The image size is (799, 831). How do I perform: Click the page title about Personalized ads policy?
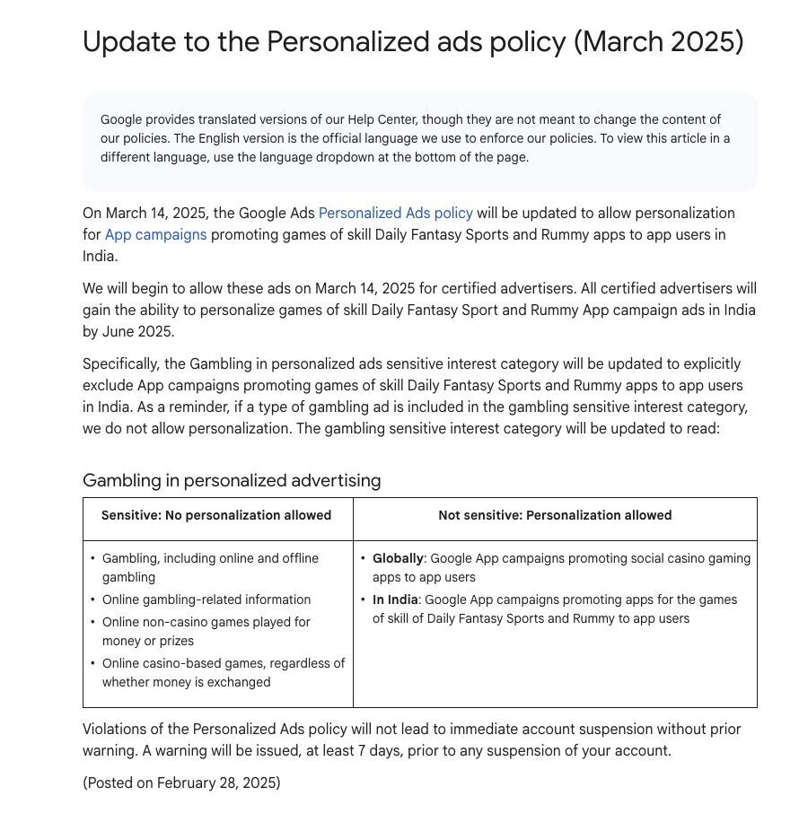pyautogui.click(x=413, y=42)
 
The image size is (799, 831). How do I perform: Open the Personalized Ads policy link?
pyautogui.click(x=395, y=214)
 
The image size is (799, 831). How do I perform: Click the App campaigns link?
pyautogui.click(x=155, y=235)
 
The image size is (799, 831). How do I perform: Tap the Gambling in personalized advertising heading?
pyautogui.click(x=232, y=481)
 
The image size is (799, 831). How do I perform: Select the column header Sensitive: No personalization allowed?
pyautogui.click(x=216, y=516)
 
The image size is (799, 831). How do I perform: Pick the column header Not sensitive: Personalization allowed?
pyautogui.click(x=555, y=516)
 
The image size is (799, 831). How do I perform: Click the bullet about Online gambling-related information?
pyautogui.click(x=206, y=600)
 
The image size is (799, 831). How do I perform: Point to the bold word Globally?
pyautogui.click(x=398, y=559)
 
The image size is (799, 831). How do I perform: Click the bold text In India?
pyautogui.click(x=395, y=600)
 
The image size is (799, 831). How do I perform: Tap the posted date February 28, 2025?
pyautogui.click(x=218, y=783)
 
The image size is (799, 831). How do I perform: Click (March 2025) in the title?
pyautogui.click(x=659, y=42)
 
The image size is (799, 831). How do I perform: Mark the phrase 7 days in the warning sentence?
pyautogui.click(x=378, y=751)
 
